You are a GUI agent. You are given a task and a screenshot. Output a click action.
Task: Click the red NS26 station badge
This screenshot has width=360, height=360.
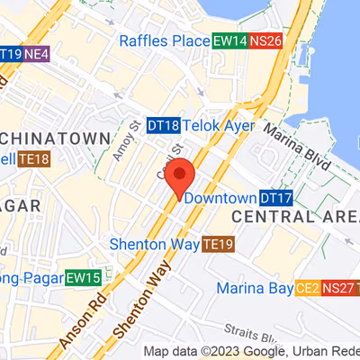coord(265,40)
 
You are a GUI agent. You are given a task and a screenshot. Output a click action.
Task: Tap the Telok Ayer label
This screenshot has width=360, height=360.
coord(216,127)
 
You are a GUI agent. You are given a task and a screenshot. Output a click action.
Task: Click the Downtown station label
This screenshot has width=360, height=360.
coord(220,198)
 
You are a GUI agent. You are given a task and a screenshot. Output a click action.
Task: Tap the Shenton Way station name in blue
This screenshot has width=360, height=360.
coord(154,244)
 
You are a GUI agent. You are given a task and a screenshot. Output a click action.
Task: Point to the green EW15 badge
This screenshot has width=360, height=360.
coord(83,278)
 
